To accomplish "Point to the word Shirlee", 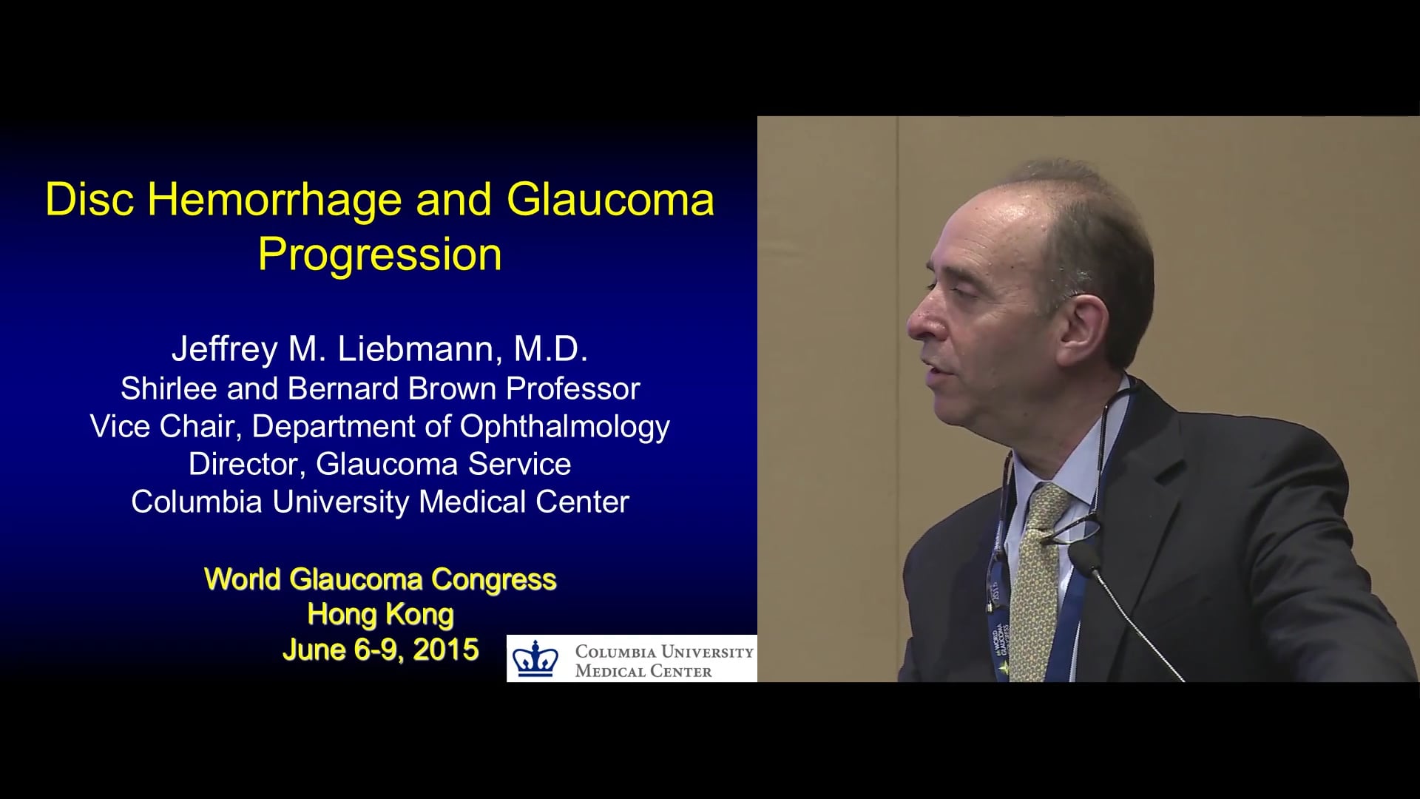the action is [x=169, y=388].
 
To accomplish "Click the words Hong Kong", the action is [x=380, y=614].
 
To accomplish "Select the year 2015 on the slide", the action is [x=446, y=650].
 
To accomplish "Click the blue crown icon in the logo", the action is [x=536, y=658].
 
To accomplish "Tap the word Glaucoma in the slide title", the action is [x=611, y=200].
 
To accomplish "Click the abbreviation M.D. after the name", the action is [x=551, y=349].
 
